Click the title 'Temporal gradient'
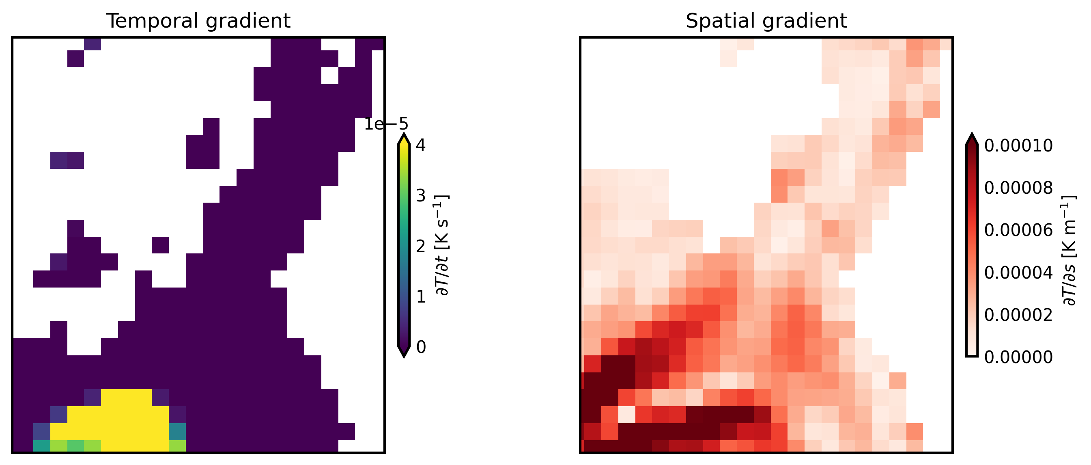[198, 21]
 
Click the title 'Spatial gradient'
[766, 21]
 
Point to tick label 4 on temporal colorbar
[421, 145]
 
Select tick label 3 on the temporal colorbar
[421, 196]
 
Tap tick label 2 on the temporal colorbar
[421, 246]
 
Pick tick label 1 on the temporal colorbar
[421, 297]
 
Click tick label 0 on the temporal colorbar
[421, 347]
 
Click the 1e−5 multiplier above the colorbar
[386, 124]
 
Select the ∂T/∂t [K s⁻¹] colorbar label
[442, 246]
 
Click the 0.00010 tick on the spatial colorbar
[1018, 146]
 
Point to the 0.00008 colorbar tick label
[1018, 188]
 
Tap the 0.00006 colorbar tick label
[1018, 230]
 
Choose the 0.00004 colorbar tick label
[1018, 273]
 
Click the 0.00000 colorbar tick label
[1018, 357]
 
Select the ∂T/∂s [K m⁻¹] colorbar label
[1069, 250]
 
